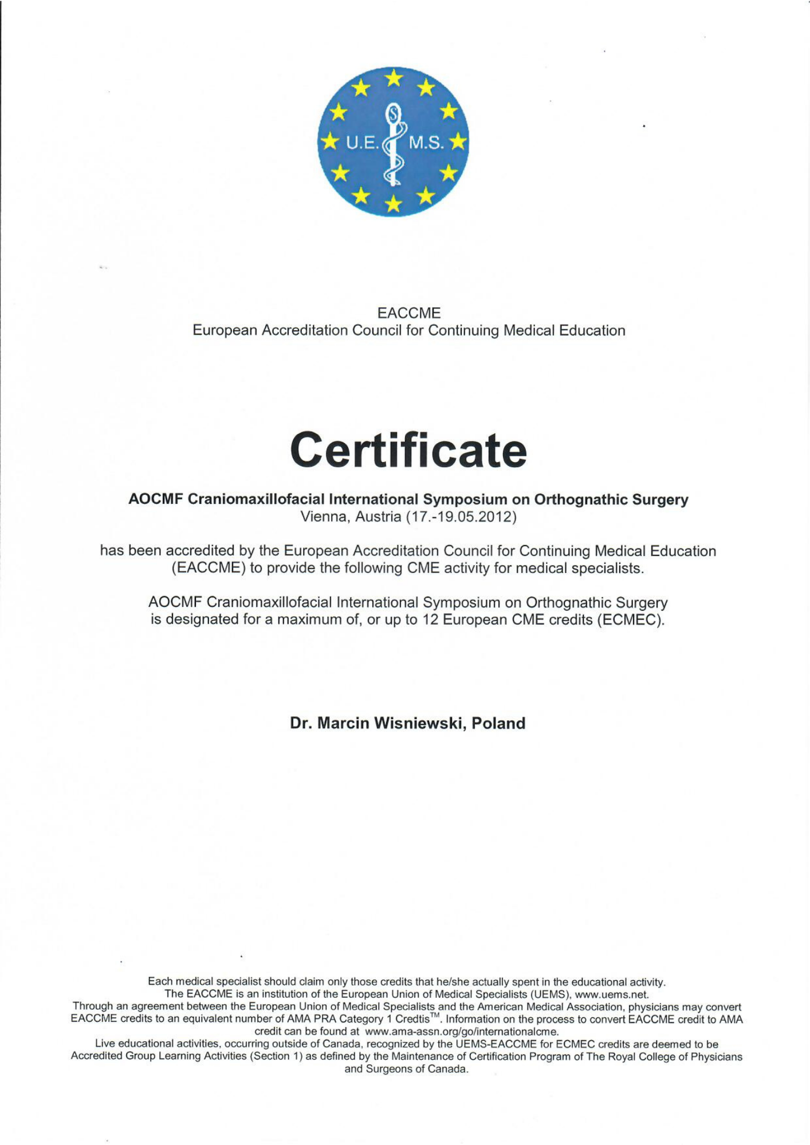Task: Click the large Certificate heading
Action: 408,451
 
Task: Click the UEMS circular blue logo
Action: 393,141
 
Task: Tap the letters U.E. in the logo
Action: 362,143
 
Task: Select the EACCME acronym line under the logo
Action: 408,313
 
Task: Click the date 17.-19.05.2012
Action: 461,517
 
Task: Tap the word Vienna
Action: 322,517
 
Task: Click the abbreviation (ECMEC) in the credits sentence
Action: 630,620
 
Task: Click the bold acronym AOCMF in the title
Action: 156,499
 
